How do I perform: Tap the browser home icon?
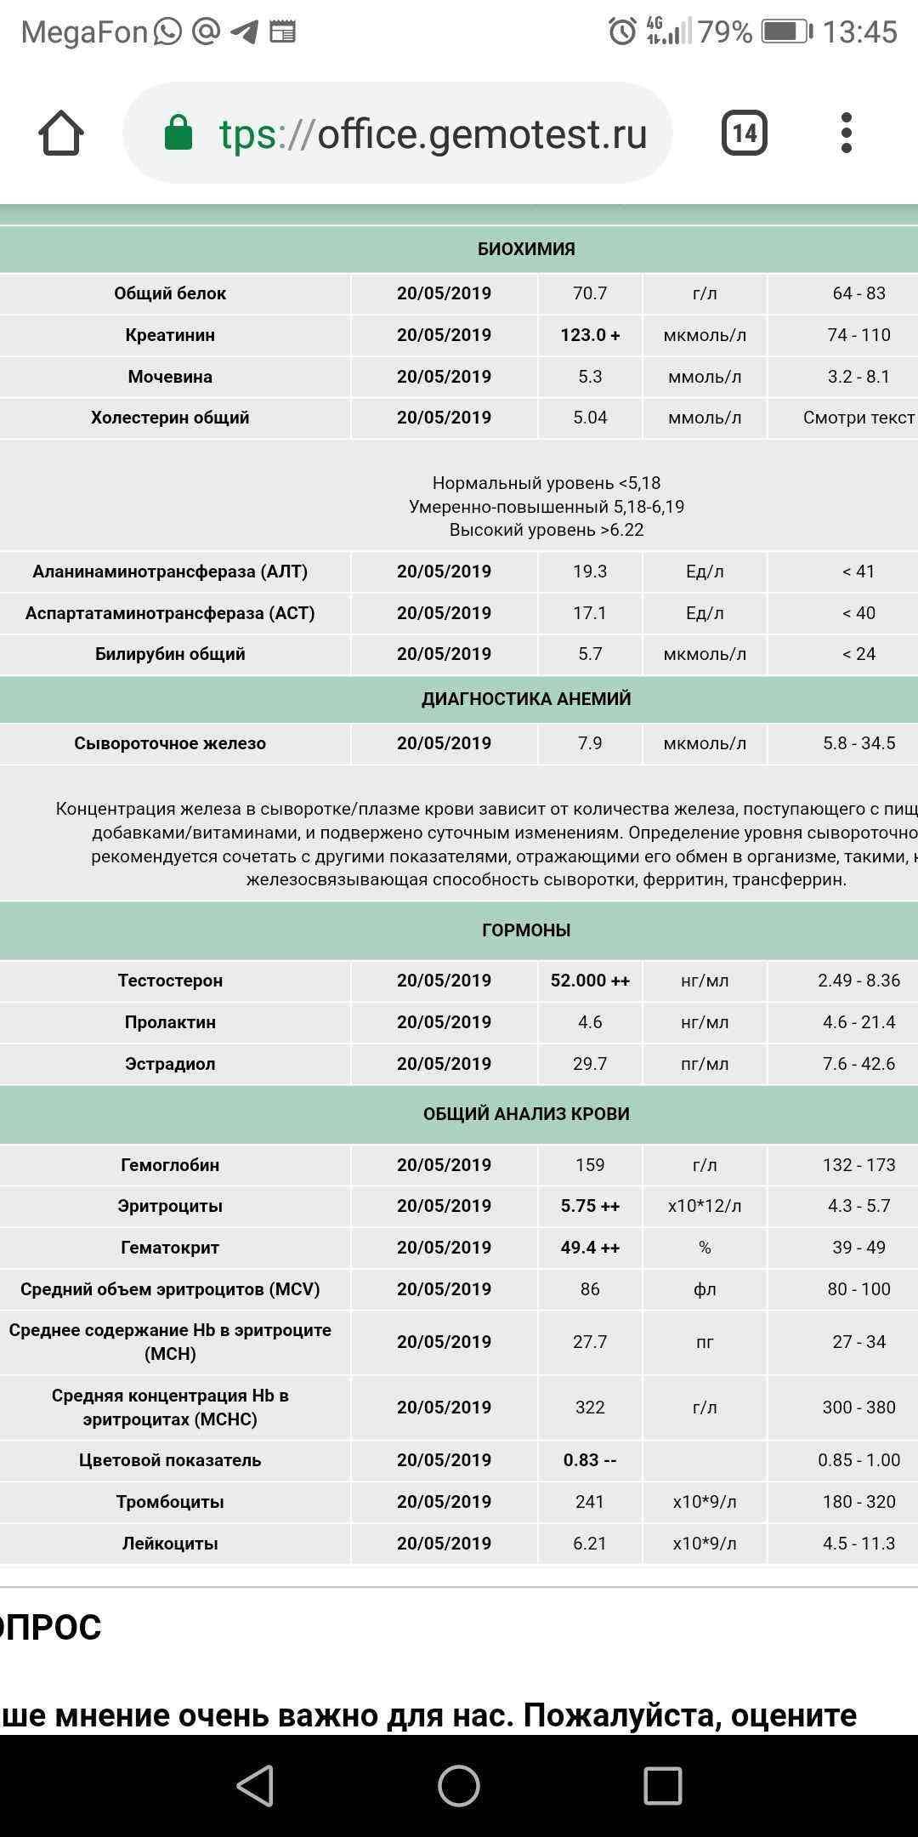pos(61,134)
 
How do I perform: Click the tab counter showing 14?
pos(744,133)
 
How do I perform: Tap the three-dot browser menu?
pos(846,133)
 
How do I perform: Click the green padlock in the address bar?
pos(178,134)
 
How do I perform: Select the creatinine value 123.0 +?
pos(590,335)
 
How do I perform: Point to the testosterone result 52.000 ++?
pos(590,981)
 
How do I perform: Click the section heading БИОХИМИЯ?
pos(526,249)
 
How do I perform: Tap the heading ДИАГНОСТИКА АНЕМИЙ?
pos(526,699)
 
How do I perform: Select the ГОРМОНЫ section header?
pos(526,930)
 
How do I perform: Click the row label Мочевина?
pos(170,377)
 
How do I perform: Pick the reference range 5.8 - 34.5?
pos(858,743)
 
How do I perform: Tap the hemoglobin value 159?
pos(590,1165)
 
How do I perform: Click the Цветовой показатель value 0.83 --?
pos(590,1460)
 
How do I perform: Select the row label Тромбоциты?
pos(170,1502)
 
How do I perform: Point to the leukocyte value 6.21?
pos(590,1544)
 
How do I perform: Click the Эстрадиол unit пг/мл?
pos(705,1064)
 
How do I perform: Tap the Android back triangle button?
pos(255,1786)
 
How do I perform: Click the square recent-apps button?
pos(662,1786)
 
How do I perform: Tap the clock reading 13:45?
pos(859,32)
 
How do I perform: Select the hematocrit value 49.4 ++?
pos(590,1248)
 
